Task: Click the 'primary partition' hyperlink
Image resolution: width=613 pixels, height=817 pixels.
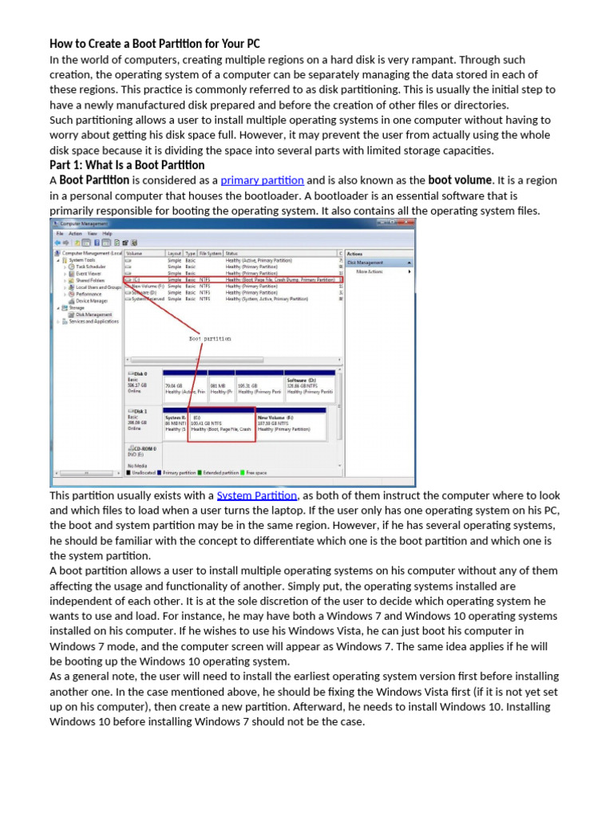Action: [x=262, y=180]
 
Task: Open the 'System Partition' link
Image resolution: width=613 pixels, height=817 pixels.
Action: [x=256, y=495]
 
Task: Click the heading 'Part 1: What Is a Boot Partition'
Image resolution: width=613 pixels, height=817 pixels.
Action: [x=127, y=165]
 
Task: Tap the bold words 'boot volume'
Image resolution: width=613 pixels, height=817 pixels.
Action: [x=460, y=180]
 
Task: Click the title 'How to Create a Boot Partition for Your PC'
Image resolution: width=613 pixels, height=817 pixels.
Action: [x=155, y=44]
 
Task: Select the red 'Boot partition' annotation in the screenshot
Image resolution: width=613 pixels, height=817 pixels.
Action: [x=210, y=338]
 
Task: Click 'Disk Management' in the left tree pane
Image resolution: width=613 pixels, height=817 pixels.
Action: [x=93, y=314]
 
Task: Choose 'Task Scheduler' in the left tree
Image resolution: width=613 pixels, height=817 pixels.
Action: [x=90, y=266]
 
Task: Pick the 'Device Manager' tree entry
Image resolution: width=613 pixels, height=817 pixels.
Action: [x=92, y=301]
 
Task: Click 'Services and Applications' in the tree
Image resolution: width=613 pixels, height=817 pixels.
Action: [x=93, y=322]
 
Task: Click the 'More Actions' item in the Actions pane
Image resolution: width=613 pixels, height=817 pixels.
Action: [x=370, y=271]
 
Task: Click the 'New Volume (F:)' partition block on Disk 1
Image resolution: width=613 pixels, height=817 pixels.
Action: [x=291, y=424]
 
